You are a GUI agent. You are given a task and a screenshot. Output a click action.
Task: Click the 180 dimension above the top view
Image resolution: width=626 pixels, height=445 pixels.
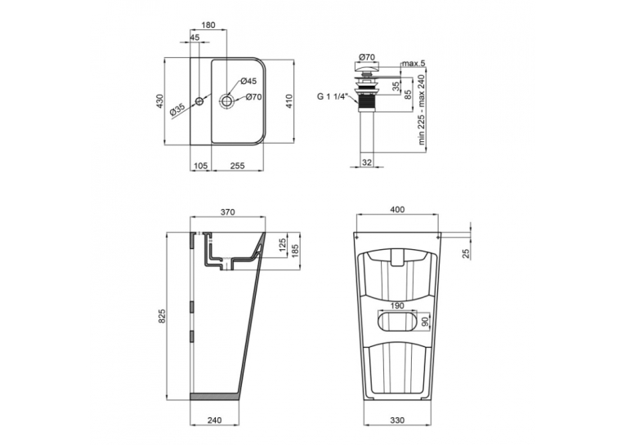coord(208,24)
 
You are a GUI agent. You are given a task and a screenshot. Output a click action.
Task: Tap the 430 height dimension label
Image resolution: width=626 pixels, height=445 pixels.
coord(159,101)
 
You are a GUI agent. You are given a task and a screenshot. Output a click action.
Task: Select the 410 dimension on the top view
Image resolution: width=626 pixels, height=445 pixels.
coord(289,101)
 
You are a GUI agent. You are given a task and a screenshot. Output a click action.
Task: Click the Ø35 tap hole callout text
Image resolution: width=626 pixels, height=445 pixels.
coord(177,109)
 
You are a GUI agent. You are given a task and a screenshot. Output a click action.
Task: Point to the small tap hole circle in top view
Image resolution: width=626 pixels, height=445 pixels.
coord(199,101)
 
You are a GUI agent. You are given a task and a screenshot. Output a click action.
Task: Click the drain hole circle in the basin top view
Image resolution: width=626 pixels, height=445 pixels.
coord(226,100)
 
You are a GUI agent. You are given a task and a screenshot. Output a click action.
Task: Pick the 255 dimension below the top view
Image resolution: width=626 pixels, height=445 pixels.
coord(237,166)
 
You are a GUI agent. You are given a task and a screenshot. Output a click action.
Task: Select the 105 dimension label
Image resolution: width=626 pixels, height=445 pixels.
coord(200,166)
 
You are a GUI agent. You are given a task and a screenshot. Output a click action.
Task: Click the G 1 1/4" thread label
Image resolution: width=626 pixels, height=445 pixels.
coord(333,96)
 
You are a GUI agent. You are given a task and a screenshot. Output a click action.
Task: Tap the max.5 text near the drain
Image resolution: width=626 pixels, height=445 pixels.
coord(414,64)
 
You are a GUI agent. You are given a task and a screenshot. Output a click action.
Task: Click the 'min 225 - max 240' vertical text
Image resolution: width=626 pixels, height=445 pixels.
coord(422,109)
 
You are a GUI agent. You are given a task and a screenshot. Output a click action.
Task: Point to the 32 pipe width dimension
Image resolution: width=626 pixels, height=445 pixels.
coord(366,162)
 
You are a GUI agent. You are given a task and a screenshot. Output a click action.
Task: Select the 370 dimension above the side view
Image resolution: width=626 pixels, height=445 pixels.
coord(227,212)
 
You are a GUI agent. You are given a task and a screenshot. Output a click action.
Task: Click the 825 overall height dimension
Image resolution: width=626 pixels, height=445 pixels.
coord(162,316)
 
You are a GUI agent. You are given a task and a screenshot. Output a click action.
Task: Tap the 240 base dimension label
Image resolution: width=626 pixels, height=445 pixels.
coord(215,420)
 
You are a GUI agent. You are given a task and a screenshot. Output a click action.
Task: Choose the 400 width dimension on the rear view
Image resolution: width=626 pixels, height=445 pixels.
coord(397,209)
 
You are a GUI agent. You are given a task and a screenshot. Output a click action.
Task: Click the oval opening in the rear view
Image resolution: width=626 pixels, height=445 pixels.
coord(397,322)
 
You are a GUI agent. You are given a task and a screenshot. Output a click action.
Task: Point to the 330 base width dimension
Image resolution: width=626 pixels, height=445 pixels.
coord(397,420)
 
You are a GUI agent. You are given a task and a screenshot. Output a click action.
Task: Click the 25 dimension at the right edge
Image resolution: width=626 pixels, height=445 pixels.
coord(467,253)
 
